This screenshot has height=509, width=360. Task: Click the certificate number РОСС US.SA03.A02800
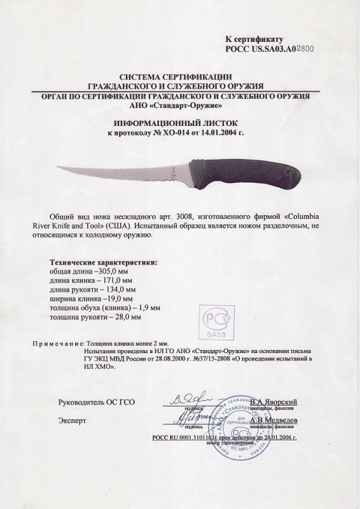(x=270, y=47)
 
